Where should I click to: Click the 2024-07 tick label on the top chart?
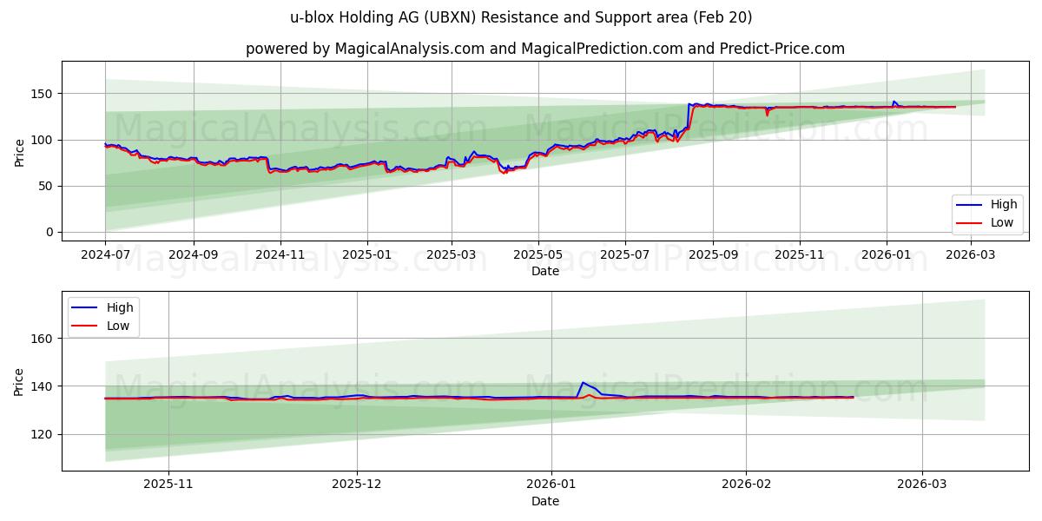(105, 255)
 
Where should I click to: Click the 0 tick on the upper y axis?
(49, 232)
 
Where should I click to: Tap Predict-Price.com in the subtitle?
(781, 49)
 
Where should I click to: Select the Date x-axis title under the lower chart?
(545, 501)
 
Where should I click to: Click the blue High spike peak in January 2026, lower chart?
(583, 383)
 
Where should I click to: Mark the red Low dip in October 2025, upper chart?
(767, 115)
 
